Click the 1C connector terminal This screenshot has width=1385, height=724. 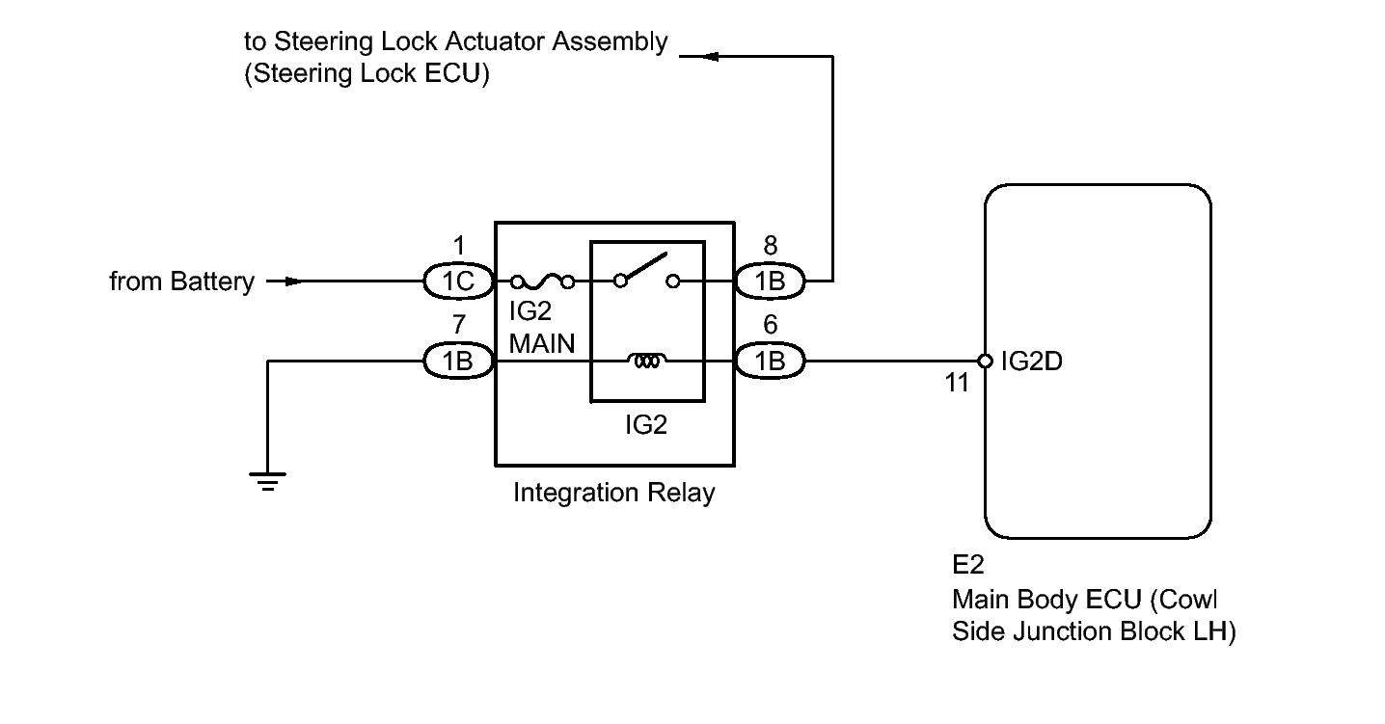pyautogui.click(x=458, y=282)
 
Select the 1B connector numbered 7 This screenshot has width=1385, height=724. pyautogui.click(x=458, y=362)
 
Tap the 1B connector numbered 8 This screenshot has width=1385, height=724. pyautogui.click(x=770, y=282)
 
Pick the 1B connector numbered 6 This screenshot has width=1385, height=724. pyautogui.click(x=770, y=362)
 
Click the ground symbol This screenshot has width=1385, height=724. pyautogui.click(x=267, y=480)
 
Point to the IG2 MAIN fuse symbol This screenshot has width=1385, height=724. pyautogui.click(x=543, y=282)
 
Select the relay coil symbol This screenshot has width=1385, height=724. pyautogui.click(x=646, y=362)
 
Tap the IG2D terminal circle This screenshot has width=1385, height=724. pyautogui.click(x=985, y=362)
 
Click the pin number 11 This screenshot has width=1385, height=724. pyautogui.click(x=956, y=383)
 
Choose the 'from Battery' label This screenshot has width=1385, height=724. pyautogui.click(x=181, y=282)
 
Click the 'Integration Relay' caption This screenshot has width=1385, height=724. pyautogui.click(x=614, y=494)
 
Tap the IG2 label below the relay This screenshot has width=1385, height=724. pyautogui.click(x=645, y=424)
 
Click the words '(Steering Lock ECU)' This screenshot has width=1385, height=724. pyautogui.click(x=367, y=74)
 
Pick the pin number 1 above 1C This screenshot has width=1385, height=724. pyautogui.click(x=458, y=246)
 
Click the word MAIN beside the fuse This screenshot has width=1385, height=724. pyautogui.click(x=543, y=342)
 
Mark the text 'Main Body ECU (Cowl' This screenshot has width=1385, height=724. pyautogui.click(x=1085, y=599)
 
